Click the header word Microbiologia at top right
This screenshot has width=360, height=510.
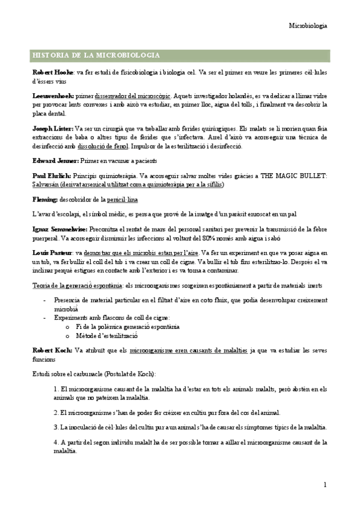pos(308,26)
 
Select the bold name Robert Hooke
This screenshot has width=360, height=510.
pos(50,72)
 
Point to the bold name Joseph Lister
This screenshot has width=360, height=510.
pos(53,128)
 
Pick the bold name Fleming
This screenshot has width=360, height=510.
pos(45,198)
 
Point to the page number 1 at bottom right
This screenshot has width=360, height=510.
pos(325,485)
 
